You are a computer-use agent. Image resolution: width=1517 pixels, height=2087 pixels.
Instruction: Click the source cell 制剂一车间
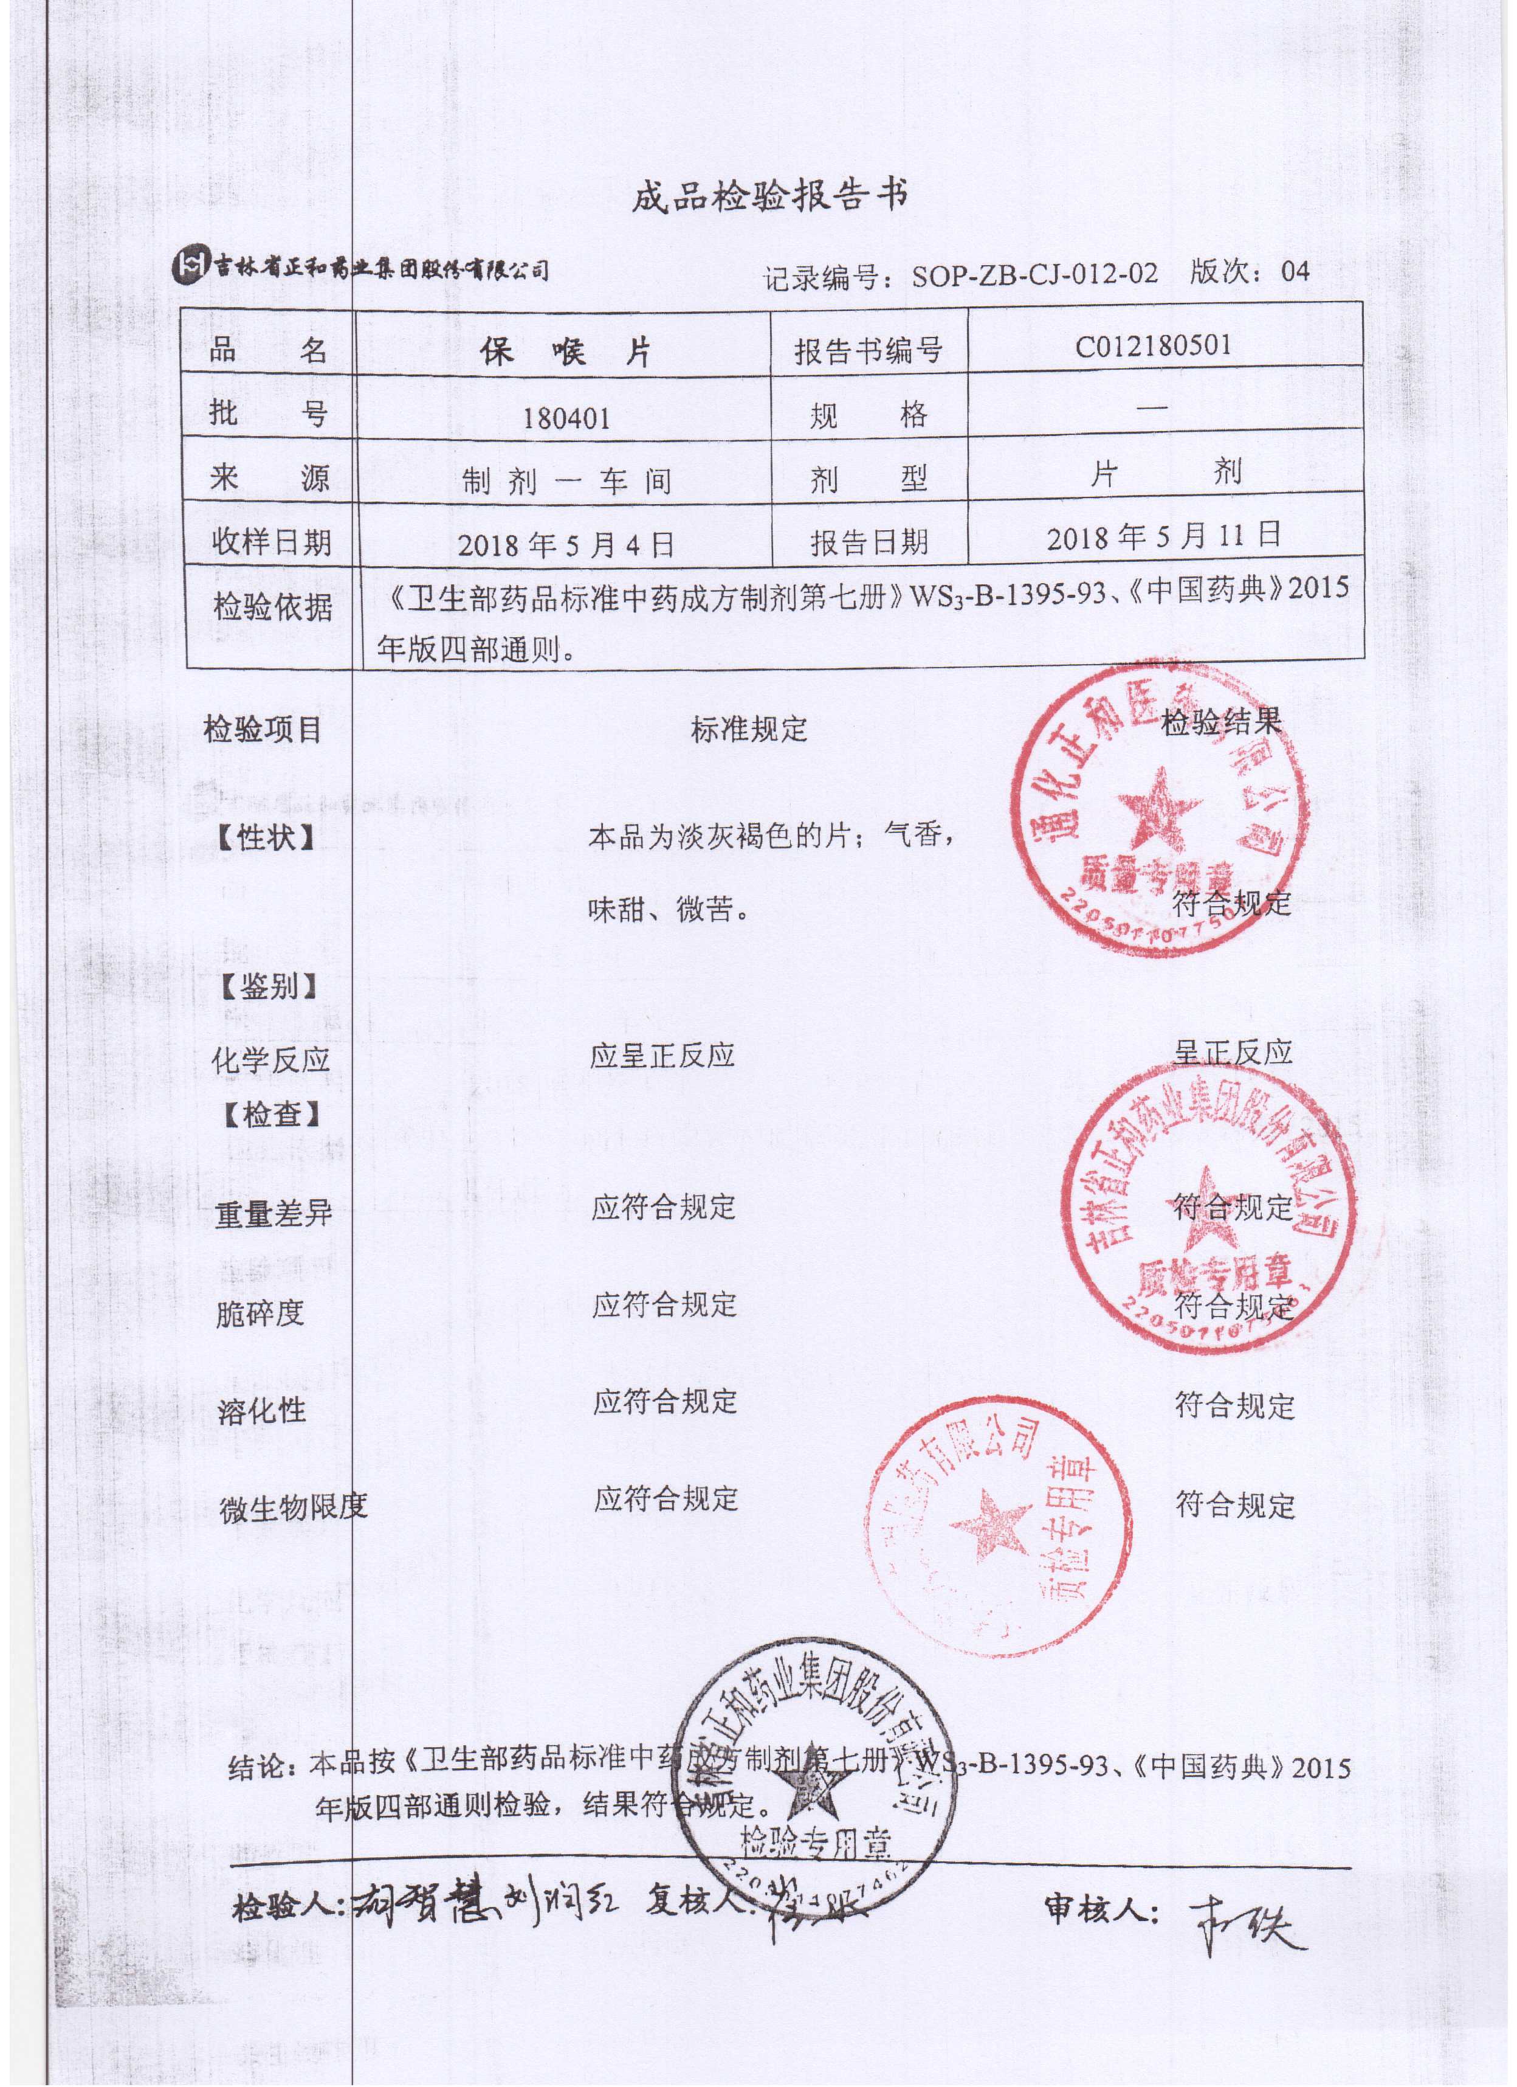click(566, 481)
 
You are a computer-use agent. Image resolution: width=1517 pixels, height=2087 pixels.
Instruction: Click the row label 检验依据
click(272, 607)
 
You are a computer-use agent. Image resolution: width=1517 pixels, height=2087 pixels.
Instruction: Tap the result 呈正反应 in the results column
click(1232, 1053)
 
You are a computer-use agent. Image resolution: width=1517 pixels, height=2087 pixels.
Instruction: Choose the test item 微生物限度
click(292, 1506)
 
